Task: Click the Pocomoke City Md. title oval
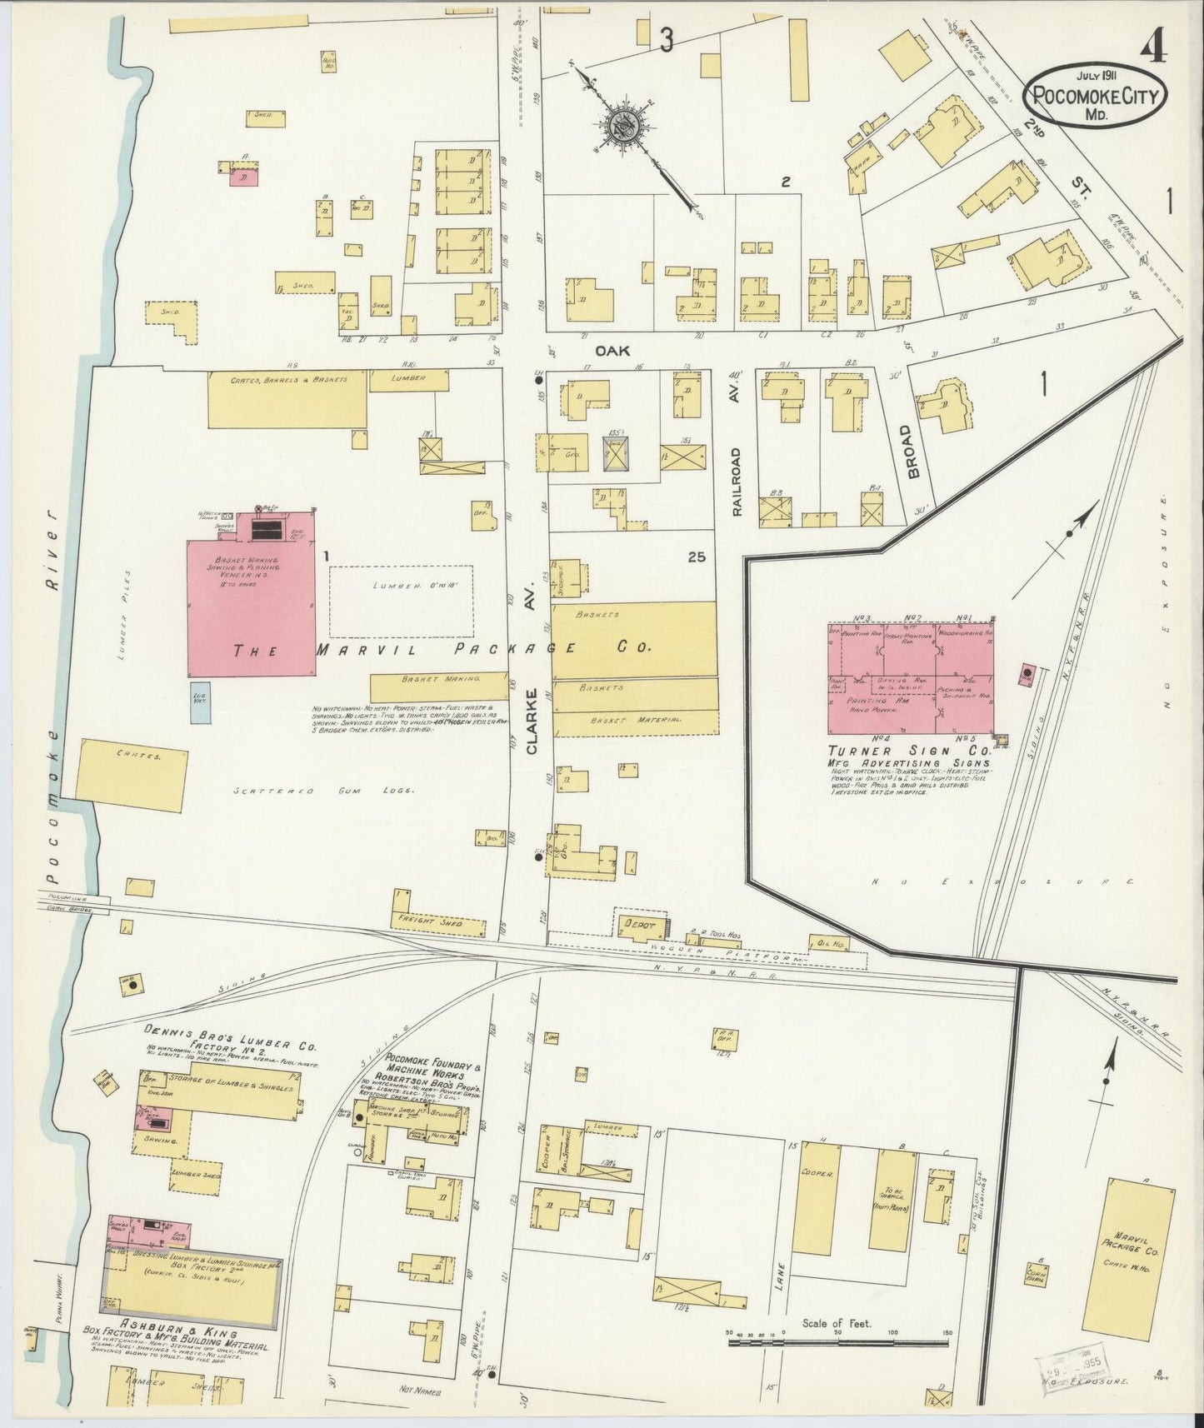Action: tap(1095, 95)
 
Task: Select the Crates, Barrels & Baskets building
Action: tap(287, 398)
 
